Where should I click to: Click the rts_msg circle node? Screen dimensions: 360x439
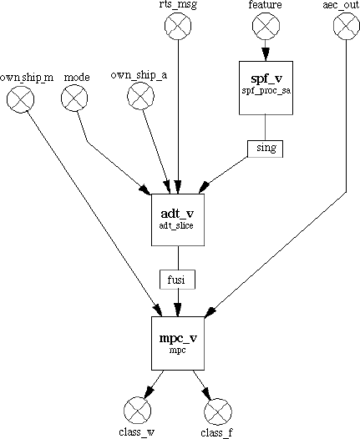coord(178,26)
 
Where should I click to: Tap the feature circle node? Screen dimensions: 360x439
coord(266,26)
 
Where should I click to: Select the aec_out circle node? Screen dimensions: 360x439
coord(347,26)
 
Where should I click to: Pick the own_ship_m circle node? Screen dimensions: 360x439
coord(20,99)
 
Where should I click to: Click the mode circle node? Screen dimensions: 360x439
coord(74,98)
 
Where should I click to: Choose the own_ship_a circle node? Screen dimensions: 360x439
coord(140,96)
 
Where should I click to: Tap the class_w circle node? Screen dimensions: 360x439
coord(137,411)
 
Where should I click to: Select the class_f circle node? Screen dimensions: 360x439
coord(218,412)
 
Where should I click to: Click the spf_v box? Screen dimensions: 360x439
coord(266,88)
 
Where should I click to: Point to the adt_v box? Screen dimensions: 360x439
coord(178,219)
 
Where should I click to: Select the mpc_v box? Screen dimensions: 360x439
coord(178,343)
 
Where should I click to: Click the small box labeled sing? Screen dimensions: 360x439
coord(266,149)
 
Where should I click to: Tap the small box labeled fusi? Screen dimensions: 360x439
coord(177,280)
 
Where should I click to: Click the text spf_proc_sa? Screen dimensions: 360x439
coord(266,91)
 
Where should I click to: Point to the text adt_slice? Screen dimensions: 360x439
coord(176,225)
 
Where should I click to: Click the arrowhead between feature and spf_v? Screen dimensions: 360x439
coord(266,54)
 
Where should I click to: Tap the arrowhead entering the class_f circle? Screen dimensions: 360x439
coord(207,393)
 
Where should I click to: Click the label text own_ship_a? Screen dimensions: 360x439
coord(139,76)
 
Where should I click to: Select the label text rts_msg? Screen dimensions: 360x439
coord(178,5)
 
